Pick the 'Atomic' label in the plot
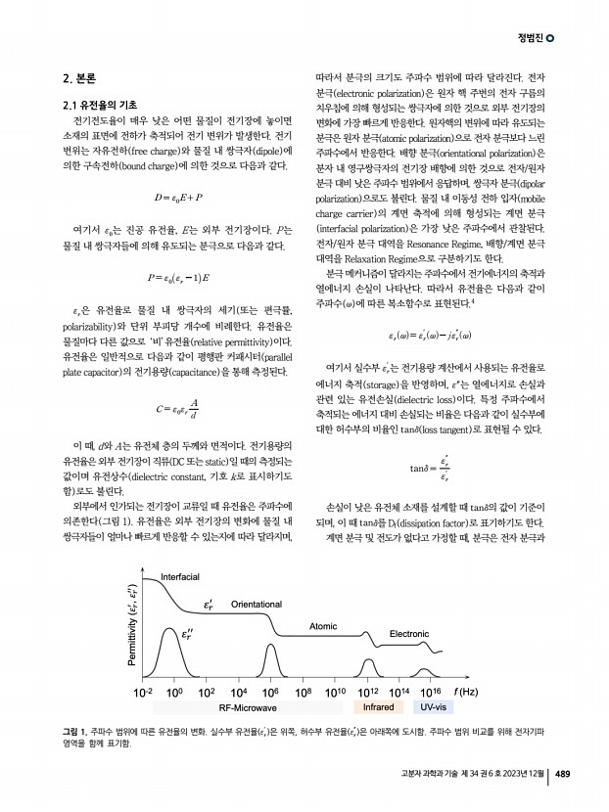coord(323,625)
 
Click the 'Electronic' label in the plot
coord(409,635)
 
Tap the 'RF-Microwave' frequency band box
coord(247,707)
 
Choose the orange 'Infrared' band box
coord(378,707)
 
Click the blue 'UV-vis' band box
coord(434,707)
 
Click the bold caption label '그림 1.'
coord(72,733)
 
